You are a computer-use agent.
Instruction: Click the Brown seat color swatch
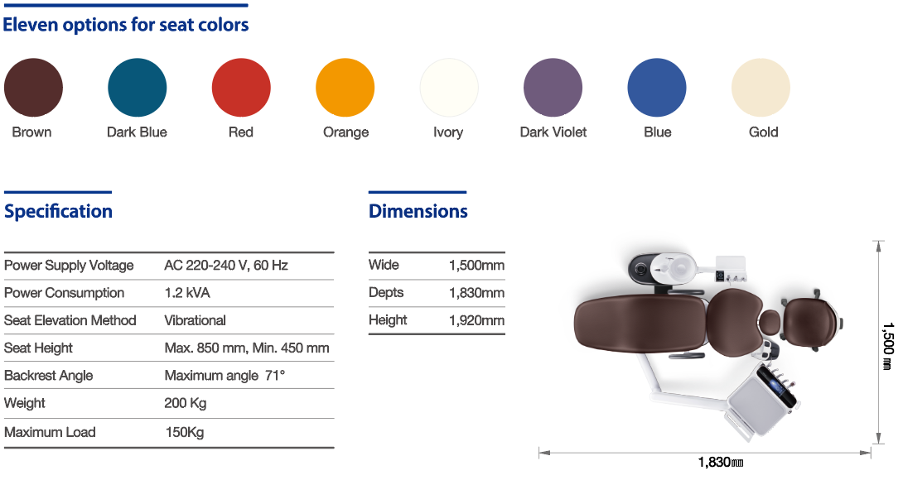(33, 88)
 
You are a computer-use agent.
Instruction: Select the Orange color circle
(345, 88)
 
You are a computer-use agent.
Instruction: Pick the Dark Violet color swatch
(553, 88)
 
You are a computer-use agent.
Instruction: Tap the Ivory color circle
(449, 88)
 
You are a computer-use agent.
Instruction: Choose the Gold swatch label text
(763, 132)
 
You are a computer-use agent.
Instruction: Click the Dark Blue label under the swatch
(137, 132)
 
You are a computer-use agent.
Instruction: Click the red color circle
(241, 88)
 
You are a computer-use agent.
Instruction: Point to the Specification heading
(58, 211)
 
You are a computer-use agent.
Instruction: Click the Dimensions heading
(418, 211)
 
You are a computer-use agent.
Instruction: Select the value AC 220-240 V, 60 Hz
(225, 266)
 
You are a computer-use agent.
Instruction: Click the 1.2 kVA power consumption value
(187, 293)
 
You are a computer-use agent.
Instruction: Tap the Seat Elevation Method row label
(70, 320)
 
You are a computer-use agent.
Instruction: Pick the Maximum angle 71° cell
(225, 376)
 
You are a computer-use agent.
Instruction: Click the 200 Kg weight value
(185, 404)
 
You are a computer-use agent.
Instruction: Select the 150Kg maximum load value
(184, 432)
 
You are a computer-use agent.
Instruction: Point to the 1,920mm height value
(477, 320)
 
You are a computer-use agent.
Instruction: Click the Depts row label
(386, 293)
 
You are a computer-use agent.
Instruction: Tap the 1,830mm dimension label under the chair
(721, 462)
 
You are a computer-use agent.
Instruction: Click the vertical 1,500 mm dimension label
(887, 346)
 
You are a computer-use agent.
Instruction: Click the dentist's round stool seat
(809, 324)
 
